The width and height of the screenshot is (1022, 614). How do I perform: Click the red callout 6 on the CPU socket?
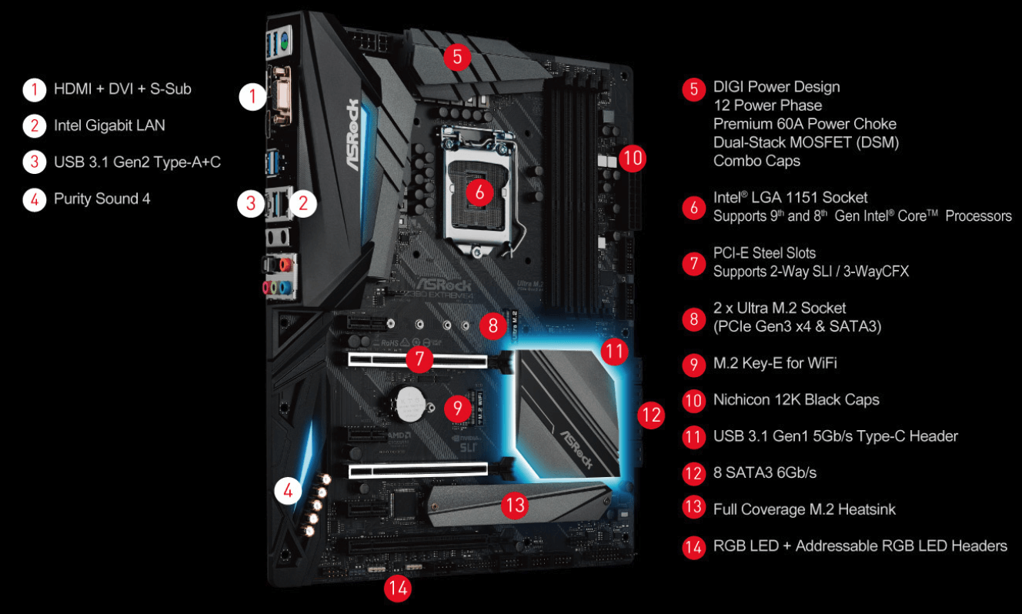coord(479,192)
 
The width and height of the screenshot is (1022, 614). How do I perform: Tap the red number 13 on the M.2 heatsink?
coord(515,505)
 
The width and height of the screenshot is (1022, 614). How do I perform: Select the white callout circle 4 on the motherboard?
coord(288,491)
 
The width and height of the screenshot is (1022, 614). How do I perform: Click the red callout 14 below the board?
coord(397,589)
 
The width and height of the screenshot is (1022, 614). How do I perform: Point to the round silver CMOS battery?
coord(410,404)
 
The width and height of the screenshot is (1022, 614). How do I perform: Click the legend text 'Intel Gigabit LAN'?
coord(109,125)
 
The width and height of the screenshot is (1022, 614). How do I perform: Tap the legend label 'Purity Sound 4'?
coord(102,199)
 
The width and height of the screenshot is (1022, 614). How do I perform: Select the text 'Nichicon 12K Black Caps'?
coord(797,399)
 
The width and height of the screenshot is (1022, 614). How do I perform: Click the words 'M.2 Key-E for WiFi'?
coord(775,363)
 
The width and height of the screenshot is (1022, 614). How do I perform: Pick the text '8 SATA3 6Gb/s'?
coord(765,472)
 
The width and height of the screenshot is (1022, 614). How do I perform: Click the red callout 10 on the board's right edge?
coord(633,159)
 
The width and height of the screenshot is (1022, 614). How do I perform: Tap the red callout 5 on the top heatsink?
coord(457,57)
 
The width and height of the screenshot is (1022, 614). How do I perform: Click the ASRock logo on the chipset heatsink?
coord(576,449)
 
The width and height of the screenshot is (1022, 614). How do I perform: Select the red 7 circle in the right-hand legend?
coord(694,263)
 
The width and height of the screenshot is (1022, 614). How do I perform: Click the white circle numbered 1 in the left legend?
coord(34,89)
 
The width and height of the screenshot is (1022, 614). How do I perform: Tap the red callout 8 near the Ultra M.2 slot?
coord(493,325)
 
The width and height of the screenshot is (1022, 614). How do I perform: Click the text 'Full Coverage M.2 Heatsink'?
coord(804,509)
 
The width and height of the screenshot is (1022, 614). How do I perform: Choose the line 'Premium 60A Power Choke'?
coord(805,124)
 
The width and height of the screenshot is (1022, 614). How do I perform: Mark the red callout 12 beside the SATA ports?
coord(651,415)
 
